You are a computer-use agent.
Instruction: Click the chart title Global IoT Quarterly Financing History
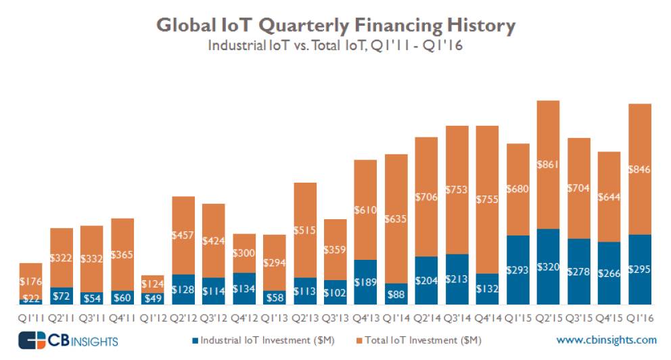tap(335, 26)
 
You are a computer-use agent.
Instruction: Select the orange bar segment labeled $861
tap(548, 164)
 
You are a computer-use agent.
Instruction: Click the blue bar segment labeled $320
tap(548, 267)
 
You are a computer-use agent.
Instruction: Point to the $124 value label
tap(152, 284)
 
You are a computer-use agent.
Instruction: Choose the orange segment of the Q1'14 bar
tap(396, 219)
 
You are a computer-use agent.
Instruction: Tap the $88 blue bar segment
tap(396, 294)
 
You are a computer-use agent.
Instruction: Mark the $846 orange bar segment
tap(639, 169)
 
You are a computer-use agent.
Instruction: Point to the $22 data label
tap(30, 299)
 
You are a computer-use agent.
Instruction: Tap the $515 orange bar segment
tap(304, 230)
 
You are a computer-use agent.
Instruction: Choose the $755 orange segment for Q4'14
tap(487, 200)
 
